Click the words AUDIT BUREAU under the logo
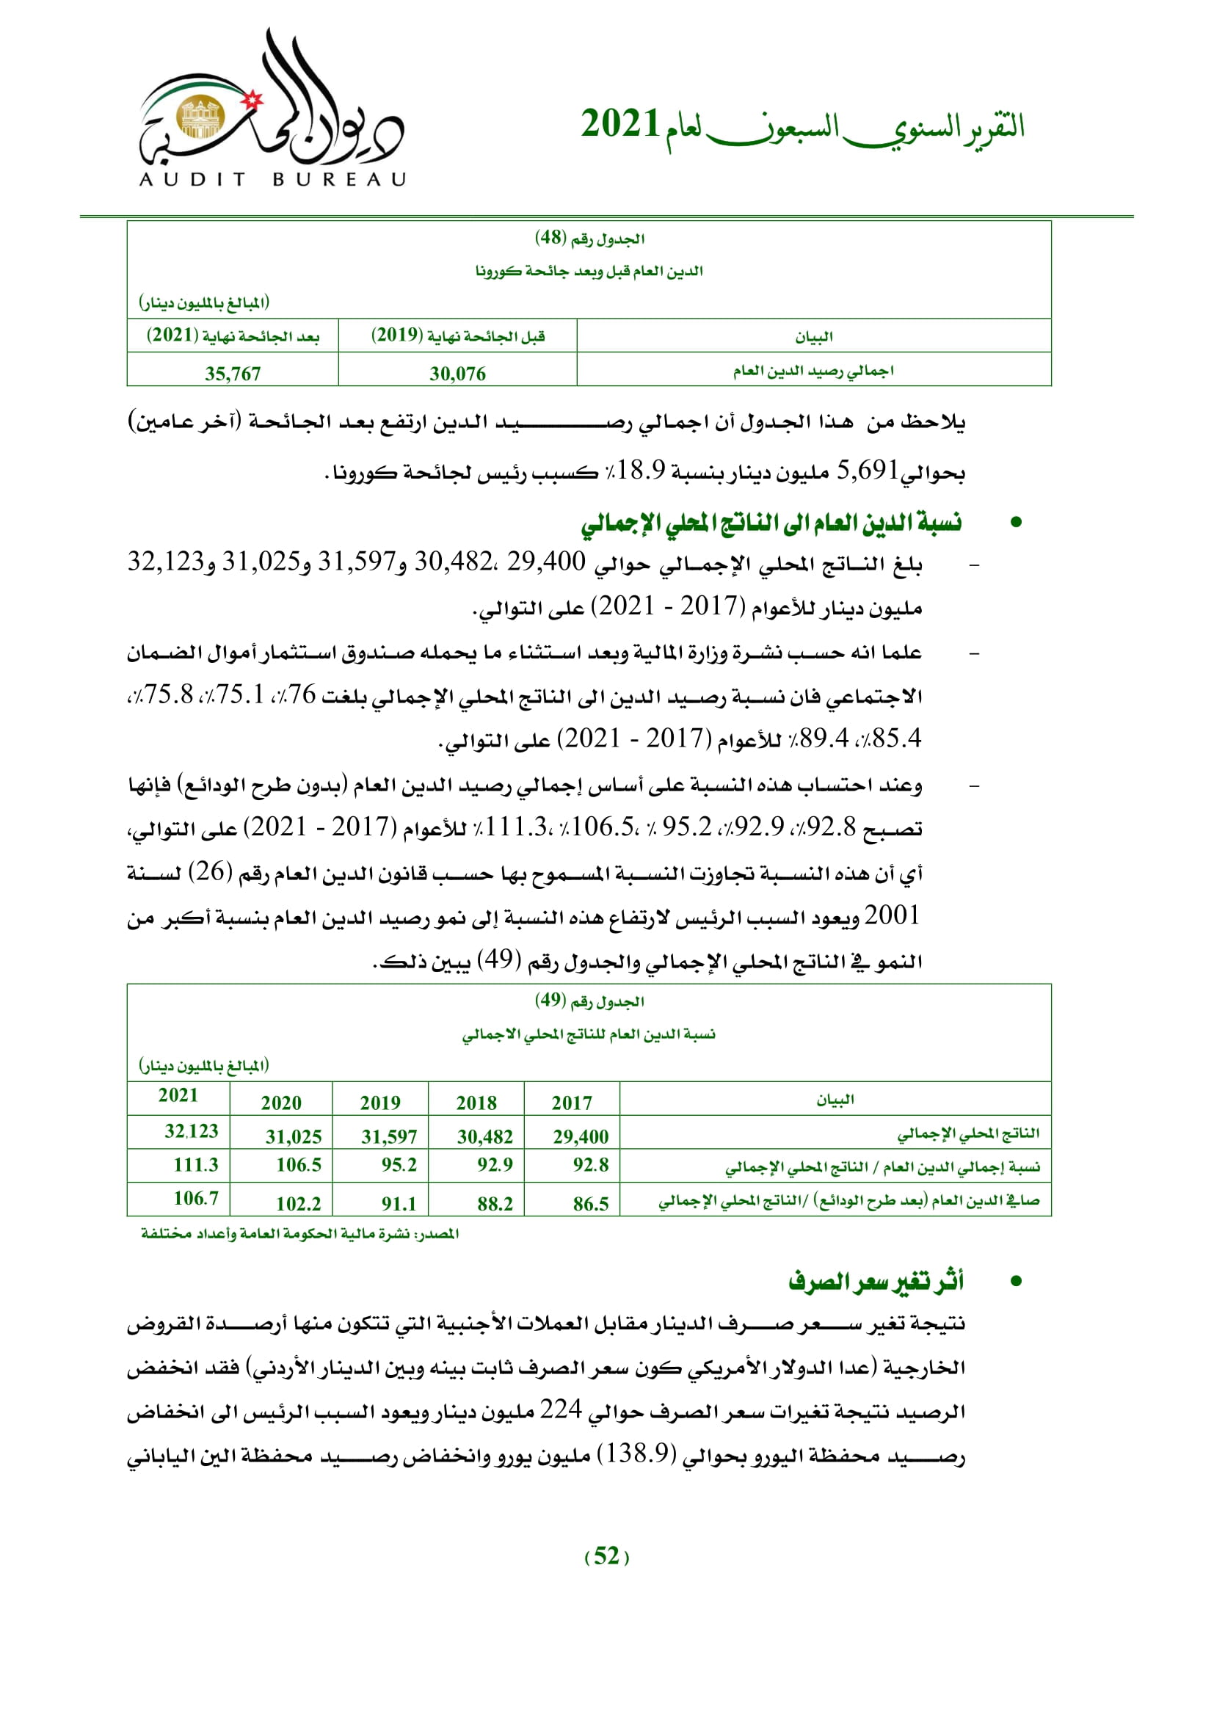pyautogui.click(x=272, y=179)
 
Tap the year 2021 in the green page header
pyautogui.click(x=619, y=124)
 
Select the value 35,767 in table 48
pyautogui.click(x=233, y=373)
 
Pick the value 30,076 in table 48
pyautogui.click(x=457, y=373)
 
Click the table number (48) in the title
pyautogui.click(x=550, y=238)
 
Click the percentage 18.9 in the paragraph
pyautogui.click(x=641, y=471)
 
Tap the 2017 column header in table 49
pyautogui.click(x=572, y=1103)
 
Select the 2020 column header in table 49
pyautogui.click(x=281, y=1103)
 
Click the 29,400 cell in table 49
pyautogui.click(x=581, y=1136)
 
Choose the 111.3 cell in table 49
pyautogui.click(x=196, y=1164)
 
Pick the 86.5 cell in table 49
pyautogui.click(x=591, y=1203)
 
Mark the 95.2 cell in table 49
pyautogui.click(x=399, y=1164)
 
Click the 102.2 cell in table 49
pyautogui.click(x=298, y=1203)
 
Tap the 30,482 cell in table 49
pyautogui.click(x=485, y=1136)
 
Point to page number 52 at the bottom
pyautogui.click(x=606, y=1556)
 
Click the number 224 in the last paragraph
pyautogui.click(x=561, y=1409)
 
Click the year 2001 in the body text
pyautogui.click(x=891, y=915)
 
